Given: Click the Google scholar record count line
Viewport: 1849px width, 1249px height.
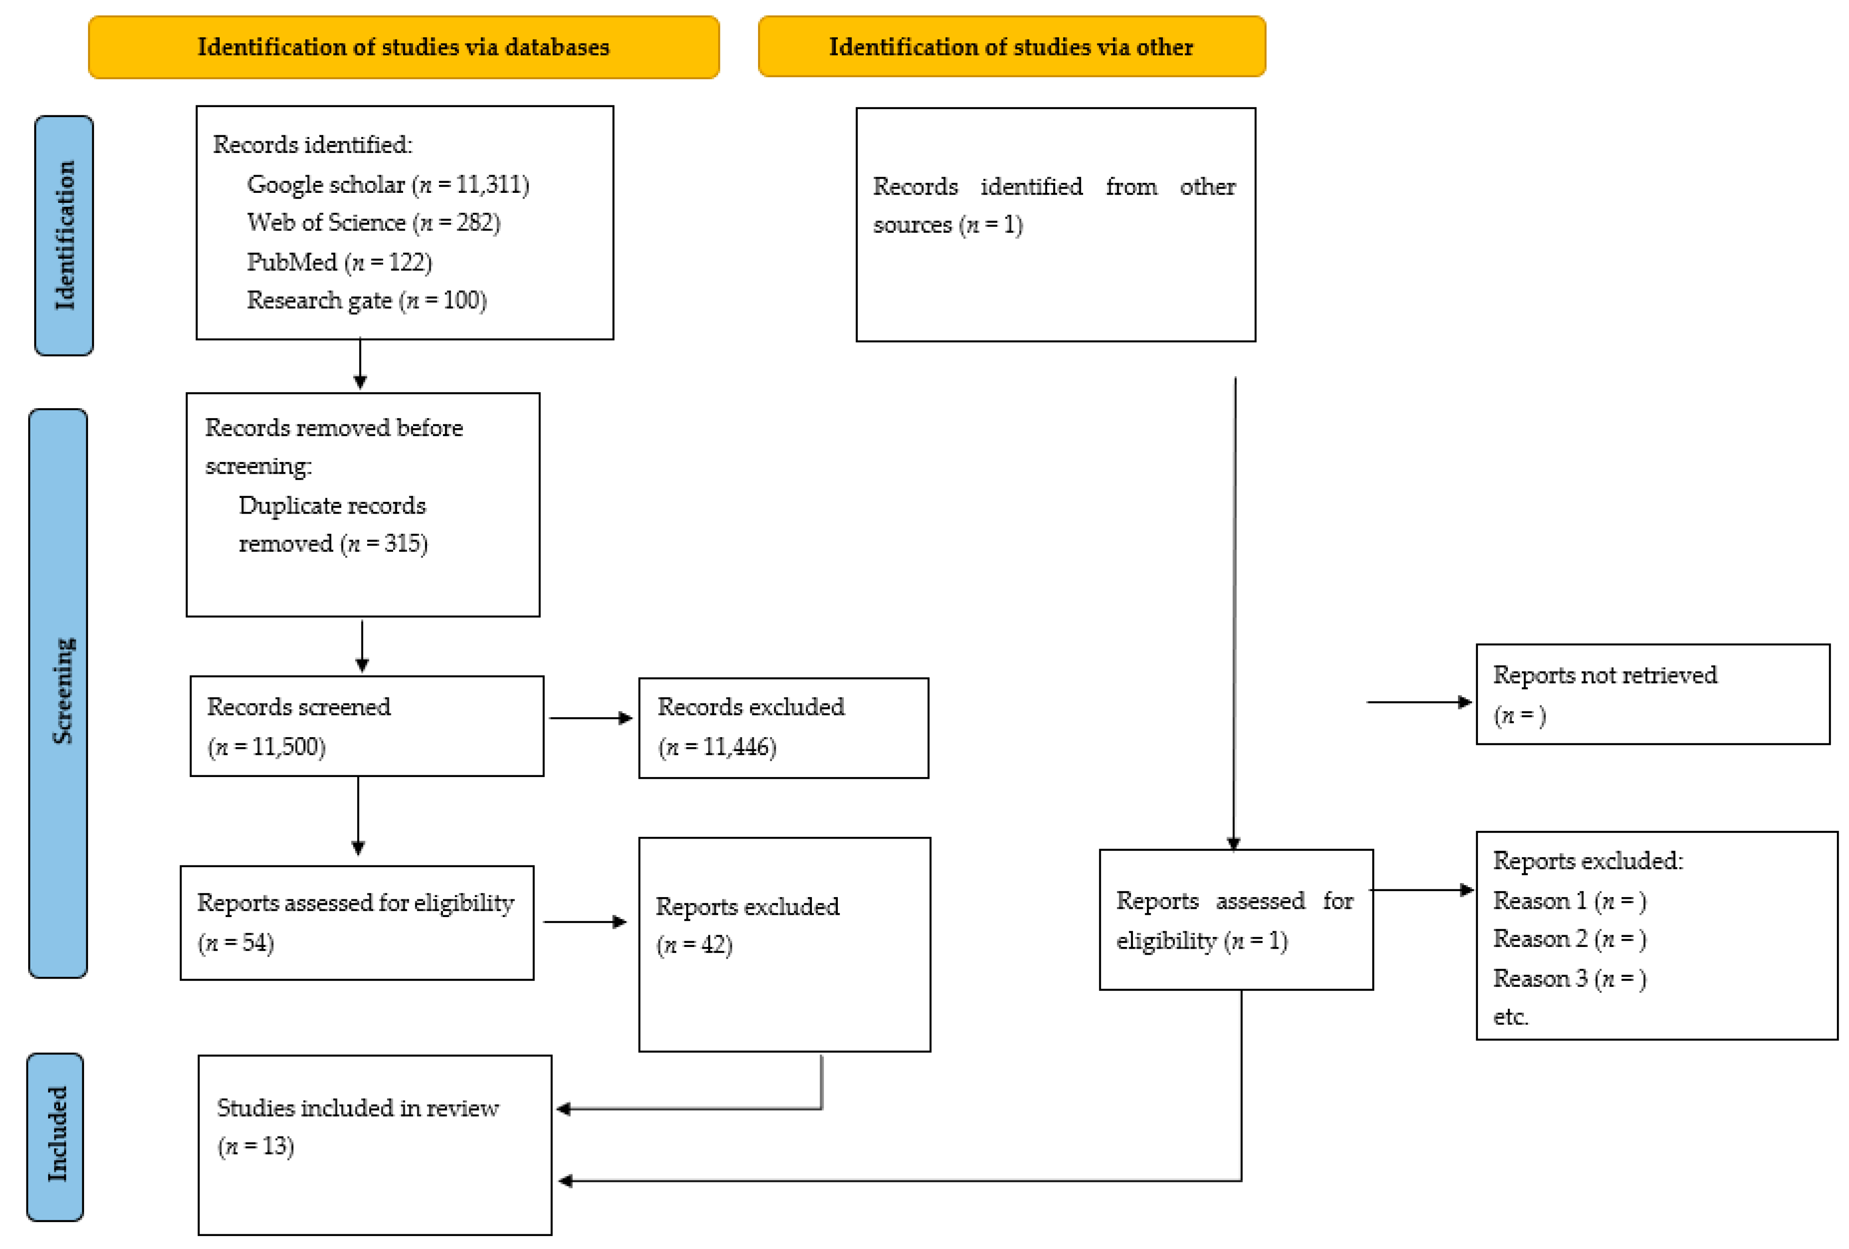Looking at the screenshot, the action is tap(388, 185).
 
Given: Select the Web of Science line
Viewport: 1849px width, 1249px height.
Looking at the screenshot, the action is tap(374, 223).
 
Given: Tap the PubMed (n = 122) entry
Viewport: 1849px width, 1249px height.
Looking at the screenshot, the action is tap(340, 262).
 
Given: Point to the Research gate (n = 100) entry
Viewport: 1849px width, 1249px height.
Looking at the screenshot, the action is tap(367, 300).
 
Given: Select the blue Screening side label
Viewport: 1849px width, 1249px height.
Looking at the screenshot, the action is tap(58, 693).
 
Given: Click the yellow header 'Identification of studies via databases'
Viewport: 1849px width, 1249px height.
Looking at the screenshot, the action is tap(404, 47).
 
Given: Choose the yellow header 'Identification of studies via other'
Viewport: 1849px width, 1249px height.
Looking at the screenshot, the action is tap(1012, 46).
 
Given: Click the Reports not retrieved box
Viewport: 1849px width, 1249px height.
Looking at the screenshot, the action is tap(1653, 695).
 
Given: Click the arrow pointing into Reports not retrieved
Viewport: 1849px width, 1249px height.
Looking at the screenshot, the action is tap(1419, 703).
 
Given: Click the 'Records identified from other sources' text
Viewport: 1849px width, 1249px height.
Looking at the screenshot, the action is tap(1054, 205).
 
